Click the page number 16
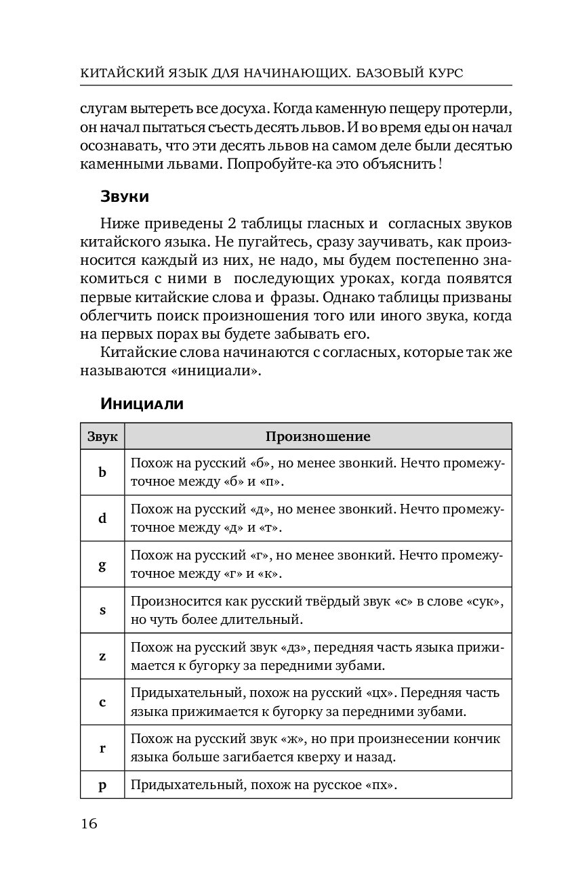point(89,824)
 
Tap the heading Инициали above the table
point(142,404)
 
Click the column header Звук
point(102,437)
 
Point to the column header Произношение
point(317,437)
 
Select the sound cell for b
point(102,472)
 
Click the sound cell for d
point(102,518)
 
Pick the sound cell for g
point(102,564)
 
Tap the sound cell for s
point(102,610)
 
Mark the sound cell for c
point(102,702)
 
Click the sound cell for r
point(102,748)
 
